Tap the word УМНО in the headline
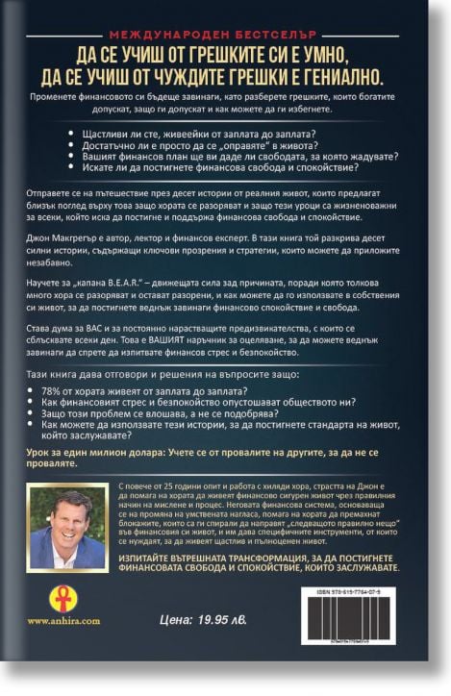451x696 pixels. point(372,54)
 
